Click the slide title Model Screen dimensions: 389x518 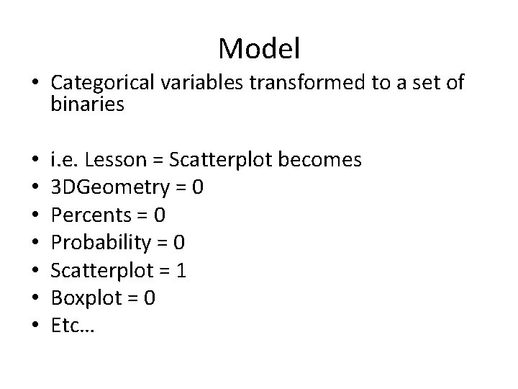click(x=259, y=48)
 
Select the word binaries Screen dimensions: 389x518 click(x=88, y=104)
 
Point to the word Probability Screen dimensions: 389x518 click(x=97, y=242)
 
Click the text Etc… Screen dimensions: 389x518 click(x=73, y=325)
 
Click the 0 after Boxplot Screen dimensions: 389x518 click(x=149, y=298)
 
